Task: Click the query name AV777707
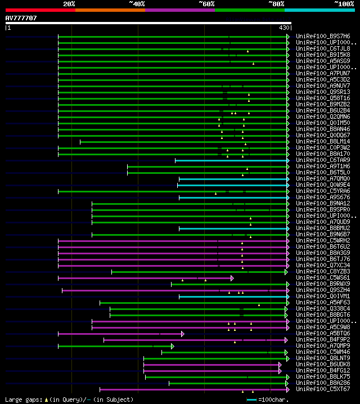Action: (x=21, y=18)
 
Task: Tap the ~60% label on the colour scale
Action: (x=206, y=3)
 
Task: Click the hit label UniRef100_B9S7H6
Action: (x=318, y=37)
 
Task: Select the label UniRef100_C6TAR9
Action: (x=318, y=160)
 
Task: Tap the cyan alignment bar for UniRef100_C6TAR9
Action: (x=231, y=160)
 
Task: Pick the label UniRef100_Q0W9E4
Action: (x=318, y=185)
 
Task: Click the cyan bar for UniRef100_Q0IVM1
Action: (x=233, y=297)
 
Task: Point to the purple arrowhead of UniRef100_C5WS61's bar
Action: (x=232, y=278)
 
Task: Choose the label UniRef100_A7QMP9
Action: (x=318, y=346)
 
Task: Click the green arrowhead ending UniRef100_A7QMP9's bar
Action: (x=172, y=346)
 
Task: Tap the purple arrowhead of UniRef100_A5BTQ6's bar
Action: (x=182, y=334)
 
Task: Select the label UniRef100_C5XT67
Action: (x=318, y=389)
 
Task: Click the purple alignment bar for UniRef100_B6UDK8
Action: (x=211, y=365)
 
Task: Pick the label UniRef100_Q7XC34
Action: (x=318, y=266)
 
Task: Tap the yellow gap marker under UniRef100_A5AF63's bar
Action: (x=259, y=305)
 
